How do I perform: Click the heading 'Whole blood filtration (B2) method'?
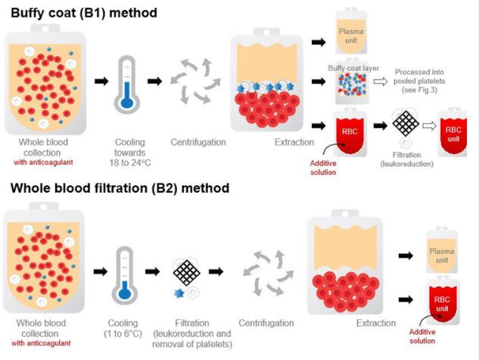tap(120, 188)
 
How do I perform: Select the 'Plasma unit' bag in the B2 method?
tap(442, 250)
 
